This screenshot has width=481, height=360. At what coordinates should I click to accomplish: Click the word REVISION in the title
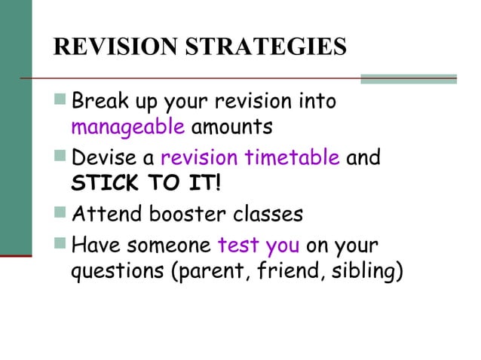[108, 46]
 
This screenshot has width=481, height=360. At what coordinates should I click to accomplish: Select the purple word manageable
[127, 126]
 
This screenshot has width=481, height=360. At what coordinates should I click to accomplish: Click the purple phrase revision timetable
[250, 159]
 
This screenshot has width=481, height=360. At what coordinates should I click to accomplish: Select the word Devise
[103, 159]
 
